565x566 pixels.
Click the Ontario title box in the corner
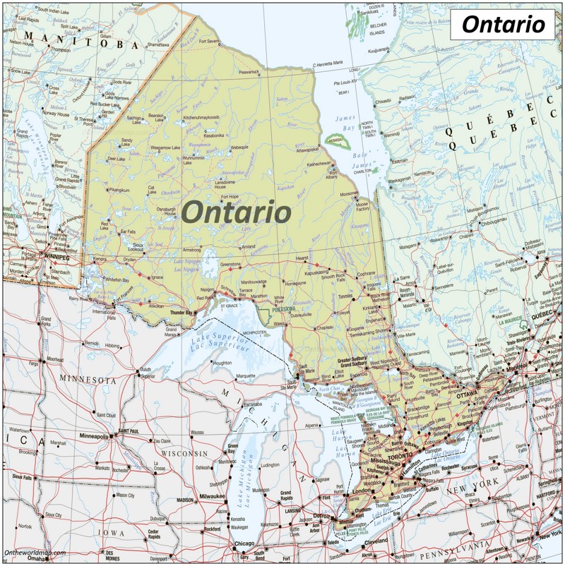[502, 25]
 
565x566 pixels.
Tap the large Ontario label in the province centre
[237, 211]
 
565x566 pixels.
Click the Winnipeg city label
[58, 257]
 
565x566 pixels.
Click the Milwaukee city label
[211, 497]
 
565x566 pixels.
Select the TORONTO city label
[400, 457]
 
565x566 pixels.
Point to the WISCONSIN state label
[185, 453]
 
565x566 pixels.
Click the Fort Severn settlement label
[209, 42]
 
